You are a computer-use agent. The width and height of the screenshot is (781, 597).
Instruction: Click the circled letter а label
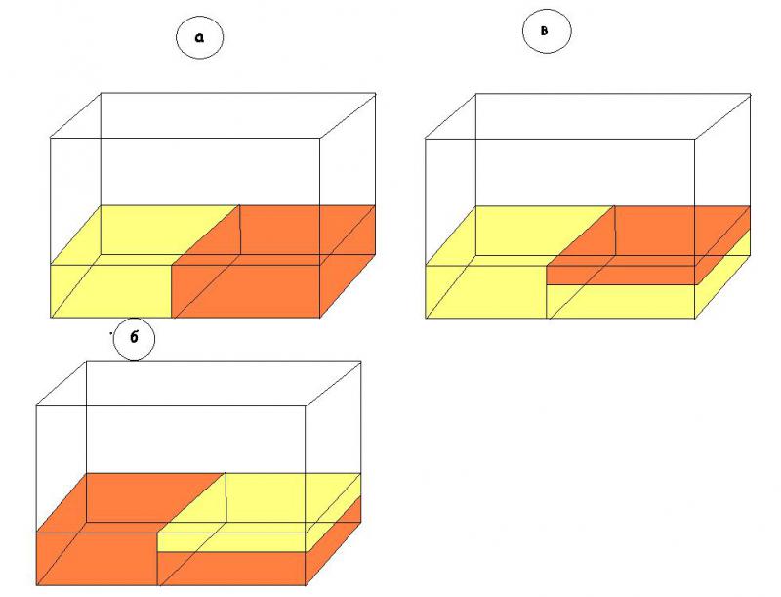tap(200, 37)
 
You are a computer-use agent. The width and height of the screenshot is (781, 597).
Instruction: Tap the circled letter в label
tap(547, 31)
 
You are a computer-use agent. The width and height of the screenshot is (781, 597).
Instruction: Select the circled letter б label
tap(134, 338)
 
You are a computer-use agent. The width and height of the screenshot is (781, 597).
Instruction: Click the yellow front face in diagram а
tap(111, 290)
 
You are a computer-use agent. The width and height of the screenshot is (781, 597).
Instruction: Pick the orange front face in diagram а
tap(246, 290)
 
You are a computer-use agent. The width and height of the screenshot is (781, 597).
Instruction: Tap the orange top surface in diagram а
tap(274, 235)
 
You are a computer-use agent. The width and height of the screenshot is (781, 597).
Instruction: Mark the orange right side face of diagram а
tap(348, 261)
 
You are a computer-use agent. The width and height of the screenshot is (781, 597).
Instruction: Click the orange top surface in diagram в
tap(647, 235)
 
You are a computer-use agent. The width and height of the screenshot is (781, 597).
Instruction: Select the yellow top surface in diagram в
tap(519, 235)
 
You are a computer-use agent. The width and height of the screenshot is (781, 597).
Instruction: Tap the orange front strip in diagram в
tap(620, 276)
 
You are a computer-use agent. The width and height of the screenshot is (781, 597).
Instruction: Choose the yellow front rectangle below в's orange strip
tap(620, 302)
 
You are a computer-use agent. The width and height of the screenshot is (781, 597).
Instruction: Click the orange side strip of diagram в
tap(722, 245)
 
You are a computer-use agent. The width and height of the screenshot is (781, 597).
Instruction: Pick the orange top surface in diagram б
tap(130, 502)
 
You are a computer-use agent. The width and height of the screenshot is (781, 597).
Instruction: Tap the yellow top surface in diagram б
tap(259, 502)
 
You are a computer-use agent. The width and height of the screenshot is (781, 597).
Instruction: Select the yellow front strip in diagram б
tap(231, 542)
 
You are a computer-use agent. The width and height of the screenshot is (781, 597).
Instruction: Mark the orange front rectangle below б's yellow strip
tap(231, 569)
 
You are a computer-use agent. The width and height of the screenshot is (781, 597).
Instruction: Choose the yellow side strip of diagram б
tap(333, 512)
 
